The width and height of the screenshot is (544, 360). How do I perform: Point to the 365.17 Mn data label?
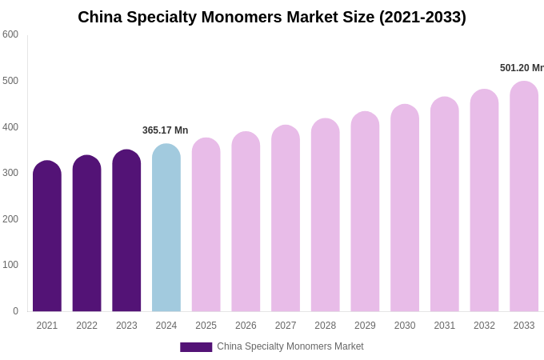click(x=165, y=130)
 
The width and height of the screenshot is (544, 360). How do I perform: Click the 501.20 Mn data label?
click(x=522, y=68)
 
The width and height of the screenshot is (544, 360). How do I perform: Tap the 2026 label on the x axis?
click(x=246, y=326)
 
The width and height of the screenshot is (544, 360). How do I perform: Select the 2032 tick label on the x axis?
click(x=484, y=326)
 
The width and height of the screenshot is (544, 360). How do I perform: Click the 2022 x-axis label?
click(x=86, y=326)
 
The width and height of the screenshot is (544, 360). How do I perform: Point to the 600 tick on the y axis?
click(x=10, y=34)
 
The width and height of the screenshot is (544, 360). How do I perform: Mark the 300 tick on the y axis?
click(x=10, y=173)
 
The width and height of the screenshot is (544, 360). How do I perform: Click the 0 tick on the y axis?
click(x=15, y=311)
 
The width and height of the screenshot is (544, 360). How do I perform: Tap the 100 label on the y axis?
click(x=10, y=265)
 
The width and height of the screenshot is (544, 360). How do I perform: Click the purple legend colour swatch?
click(x=196, y=347)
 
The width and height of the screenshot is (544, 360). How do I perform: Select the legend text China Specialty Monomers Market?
click(x=290, y=346)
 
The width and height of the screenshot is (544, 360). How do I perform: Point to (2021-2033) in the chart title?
click(x=422, y=17)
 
